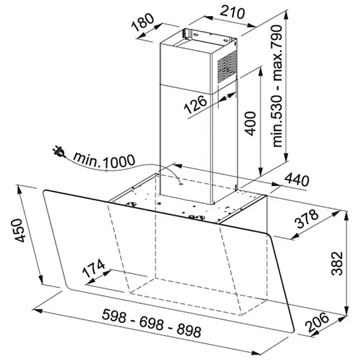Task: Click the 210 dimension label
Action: (x=232, y=12)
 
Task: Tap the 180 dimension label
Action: (x=143, y=22)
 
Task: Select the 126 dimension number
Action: (x=195, y=105)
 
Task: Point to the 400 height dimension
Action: (x=250, y=123)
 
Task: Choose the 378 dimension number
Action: (x=307, y=219)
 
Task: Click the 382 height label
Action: (x=337, y=263)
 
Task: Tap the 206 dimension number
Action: (x=317, y=322)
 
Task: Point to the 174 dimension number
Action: (x=93, y=269)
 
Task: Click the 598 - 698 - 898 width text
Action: (x=152, y=323)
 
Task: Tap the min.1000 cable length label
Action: (x=104, y=160)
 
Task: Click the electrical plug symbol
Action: (x=59, y=152)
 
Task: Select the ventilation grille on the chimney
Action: (x=227, y=68)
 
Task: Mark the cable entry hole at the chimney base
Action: (x=181, y=183)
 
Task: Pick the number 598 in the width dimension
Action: (x=114, y=315)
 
